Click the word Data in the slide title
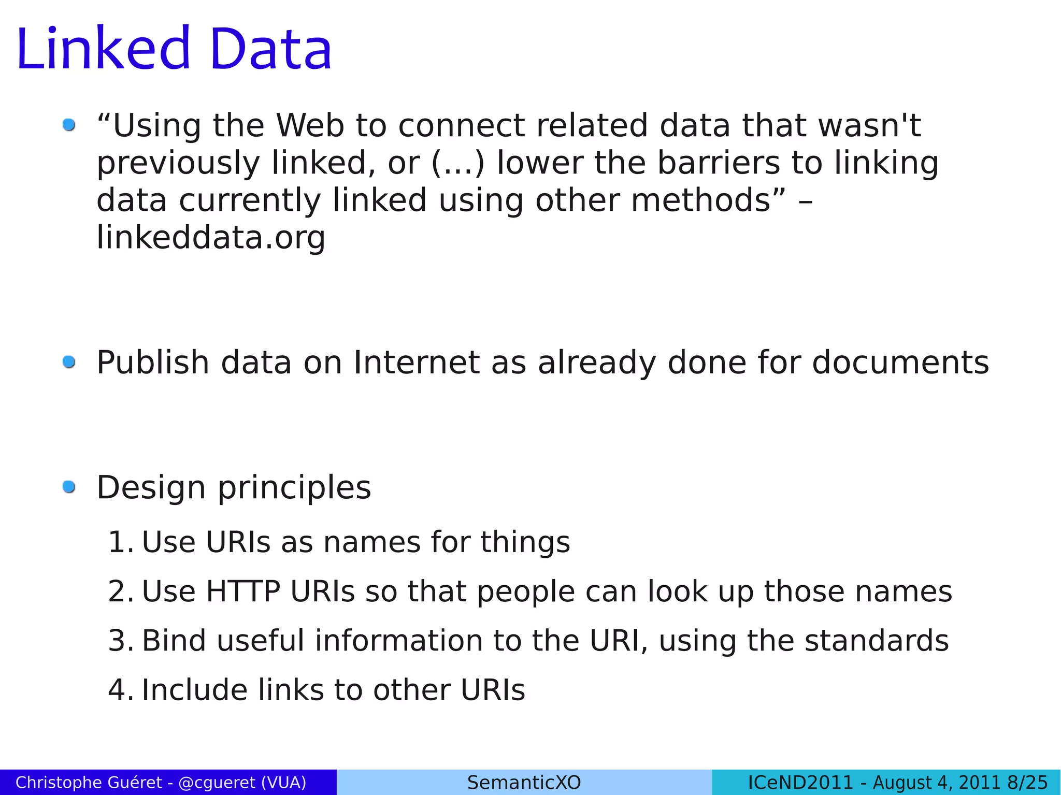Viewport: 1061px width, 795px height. coord(270,49)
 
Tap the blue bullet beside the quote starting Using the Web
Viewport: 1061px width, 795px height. coord(69,125)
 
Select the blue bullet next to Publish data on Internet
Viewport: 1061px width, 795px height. coord(69,362)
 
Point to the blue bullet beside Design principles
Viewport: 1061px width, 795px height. coord(69,487)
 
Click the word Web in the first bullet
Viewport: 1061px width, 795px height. coord(310,126)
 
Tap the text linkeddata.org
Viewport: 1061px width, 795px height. coord(211,238)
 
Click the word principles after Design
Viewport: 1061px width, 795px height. coord(294,488)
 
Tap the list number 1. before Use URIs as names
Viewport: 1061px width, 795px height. coord(120,542)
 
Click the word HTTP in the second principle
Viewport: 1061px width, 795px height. coord(243,591)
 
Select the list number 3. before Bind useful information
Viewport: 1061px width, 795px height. coord(120,641)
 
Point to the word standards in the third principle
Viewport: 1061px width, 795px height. coord(876,641)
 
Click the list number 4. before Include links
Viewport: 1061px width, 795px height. coord(120,690)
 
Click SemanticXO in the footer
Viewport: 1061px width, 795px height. coord(524,782)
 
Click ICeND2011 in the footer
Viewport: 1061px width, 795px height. coord(800,782)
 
